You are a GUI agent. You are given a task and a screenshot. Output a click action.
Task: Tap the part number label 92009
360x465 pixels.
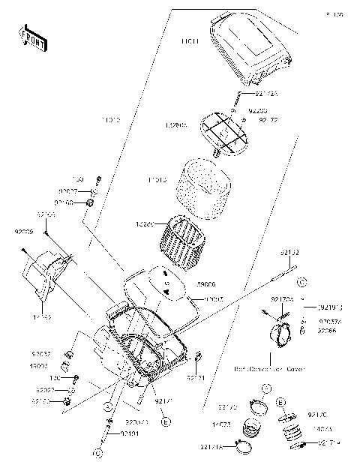pos(22,232)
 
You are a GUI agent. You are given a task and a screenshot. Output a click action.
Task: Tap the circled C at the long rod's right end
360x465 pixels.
pos(301,282)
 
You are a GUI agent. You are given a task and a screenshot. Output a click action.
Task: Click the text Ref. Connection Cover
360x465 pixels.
pos(267,369)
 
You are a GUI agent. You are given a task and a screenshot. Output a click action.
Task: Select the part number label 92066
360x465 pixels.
pos(328,330)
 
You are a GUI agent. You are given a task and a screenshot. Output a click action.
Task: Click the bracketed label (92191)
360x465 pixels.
pos(329,307)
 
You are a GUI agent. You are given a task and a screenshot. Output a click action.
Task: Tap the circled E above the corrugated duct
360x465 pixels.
pos(281,403)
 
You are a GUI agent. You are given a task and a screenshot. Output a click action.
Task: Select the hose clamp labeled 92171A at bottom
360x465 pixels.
pos(244,448)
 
